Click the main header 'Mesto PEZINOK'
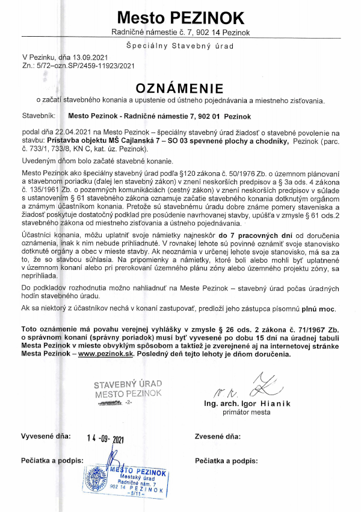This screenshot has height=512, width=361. click(180, 16)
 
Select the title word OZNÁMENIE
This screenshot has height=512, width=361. click(180, 87)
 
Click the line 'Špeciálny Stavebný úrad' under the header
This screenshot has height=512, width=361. click(180, 45)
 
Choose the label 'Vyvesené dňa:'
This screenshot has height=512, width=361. click(46, 435)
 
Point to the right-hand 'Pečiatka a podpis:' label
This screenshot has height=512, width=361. click(226, 461)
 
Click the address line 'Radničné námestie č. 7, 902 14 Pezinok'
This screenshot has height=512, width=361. click(180, 31)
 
